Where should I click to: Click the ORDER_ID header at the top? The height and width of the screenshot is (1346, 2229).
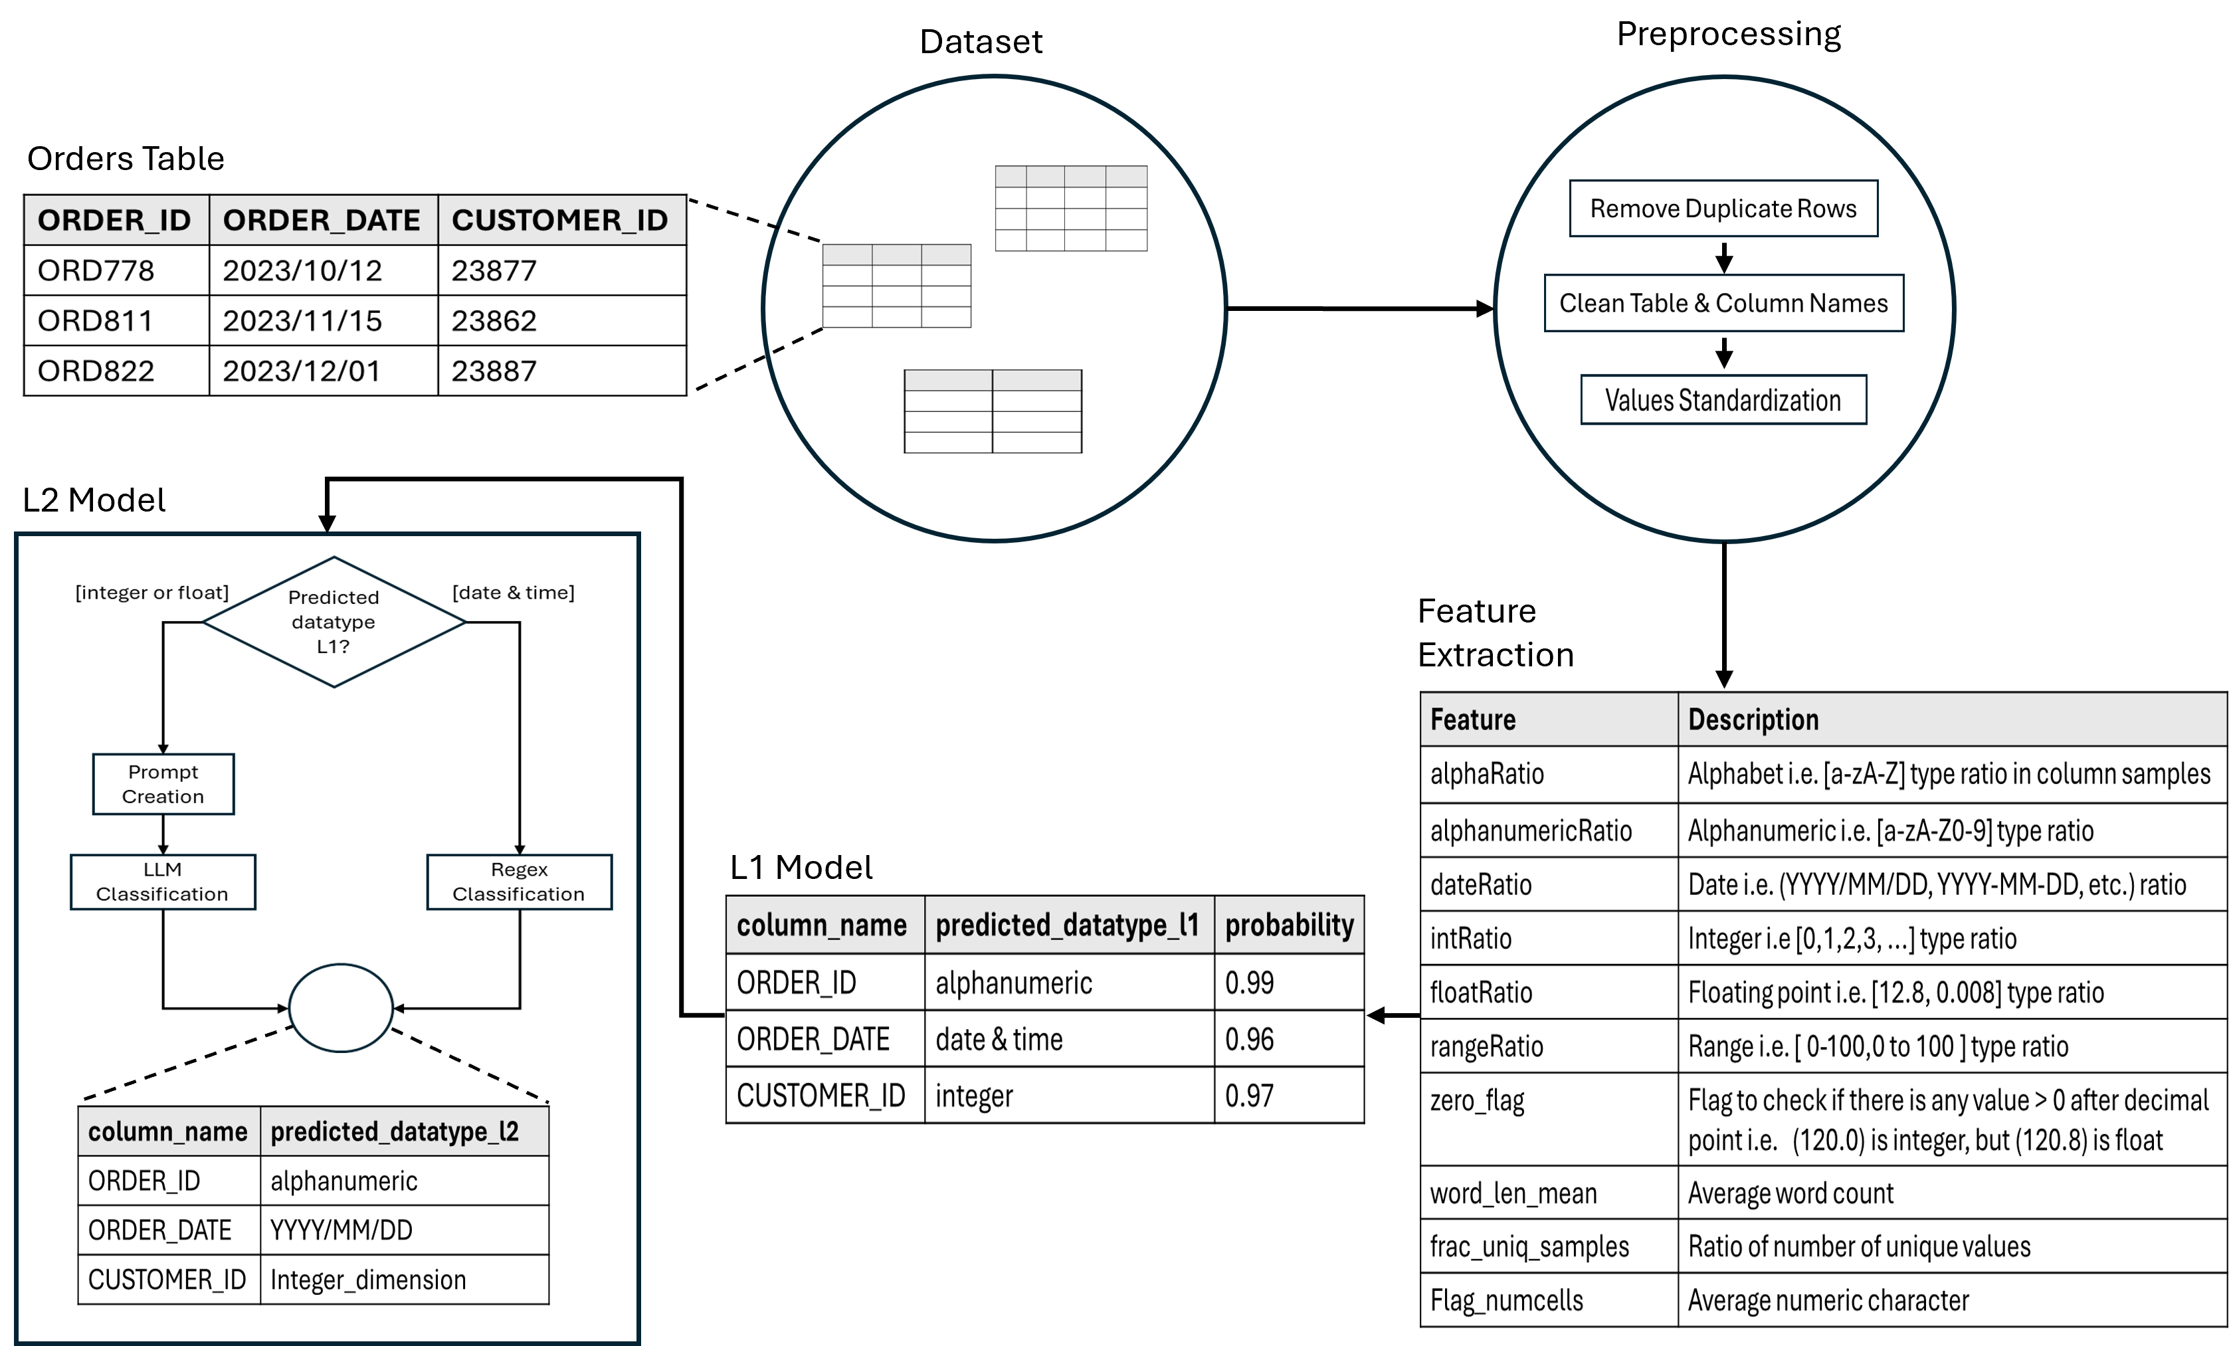tap(115, 220)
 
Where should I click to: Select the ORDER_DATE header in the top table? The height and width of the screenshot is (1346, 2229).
tap(322, 220)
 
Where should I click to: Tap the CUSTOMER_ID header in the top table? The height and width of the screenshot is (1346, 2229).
tap(560, 220)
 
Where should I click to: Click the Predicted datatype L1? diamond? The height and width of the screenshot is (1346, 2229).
tap(334, 621)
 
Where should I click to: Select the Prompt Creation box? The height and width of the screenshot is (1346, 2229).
tap(163, 784)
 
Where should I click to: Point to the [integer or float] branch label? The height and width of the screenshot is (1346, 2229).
tap(152, 593)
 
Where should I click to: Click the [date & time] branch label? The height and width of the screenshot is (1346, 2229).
tap(513, 593)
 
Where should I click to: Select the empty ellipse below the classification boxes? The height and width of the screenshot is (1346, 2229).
tap(340, 1008)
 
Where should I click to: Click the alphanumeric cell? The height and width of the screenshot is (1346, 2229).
tap(403, 1181)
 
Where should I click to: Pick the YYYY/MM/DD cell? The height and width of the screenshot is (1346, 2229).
tap(403, 1230)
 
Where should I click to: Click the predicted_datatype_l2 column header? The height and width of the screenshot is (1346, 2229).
tap(403, 1131)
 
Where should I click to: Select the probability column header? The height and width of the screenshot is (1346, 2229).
tap(1288, 925)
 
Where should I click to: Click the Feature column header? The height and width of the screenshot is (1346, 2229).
tap(1548, 719)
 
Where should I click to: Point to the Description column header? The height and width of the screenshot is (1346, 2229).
tap(1951, 719)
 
